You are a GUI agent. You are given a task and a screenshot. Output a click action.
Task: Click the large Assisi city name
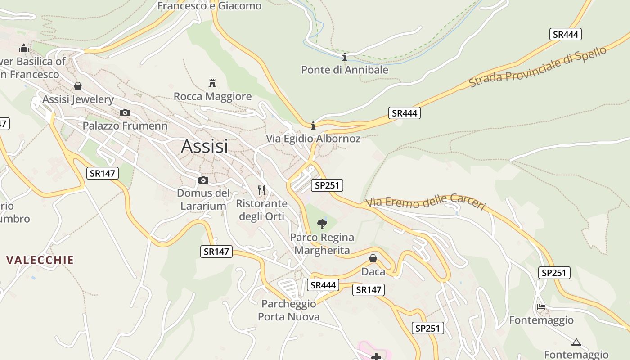click(x=204, y=146)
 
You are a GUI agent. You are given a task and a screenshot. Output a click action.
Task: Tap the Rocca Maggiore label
click(x=212, y=96)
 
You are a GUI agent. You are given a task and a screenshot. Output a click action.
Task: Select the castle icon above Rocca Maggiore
click(x=212, y=83)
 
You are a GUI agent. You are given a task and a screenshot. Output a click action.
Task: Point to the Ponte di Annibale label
click(x=344, y=70)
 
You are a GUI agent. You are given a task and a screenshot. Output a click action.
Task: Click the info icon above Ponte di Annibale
click(x=345, y=57)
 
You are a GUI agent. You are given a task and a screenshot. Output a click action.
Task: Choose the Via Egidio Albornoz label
click(x=313, y=139)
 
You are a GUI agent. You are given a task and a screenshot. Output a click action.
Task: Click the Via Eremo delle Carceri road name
click(x=426, y=202)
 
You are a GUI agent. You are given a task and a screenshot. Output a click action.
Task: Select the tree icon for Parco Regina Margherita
click(x=322, y=224)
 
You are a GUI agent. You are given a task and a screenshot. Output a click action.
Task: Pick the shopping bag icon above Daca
click(x=373, y=258)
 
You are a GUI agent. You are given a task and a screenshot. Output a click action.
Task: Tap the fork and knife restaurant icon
click(x=261, y=190)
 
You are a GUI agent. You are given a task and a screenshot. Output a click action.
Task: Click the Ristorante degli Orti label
click(x=261, y=210)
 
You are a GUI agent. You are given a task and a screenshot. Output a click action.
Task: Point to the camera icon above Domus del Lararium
click(x=203, y=180)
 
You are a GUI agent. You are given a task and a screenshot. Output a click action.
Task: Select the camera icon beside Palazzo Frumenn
click(x=125, y=112)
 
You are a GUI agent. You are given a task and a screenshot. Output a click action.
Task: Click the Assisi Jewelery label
click(x=78, y=99)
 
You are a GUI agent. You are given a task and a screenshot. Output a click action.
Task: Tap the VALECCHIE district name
click(x=40, y=260)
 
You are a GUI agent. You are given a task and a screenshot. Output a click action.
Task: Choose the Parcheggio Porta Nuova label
click(x=289, y=310)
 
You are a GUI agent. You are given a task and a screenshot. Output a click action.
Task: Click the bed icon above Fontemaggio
click(x=541, y=307)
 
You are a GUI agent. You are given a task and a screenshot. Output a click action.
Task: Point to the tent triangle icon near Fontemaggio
click(x=576, y=342)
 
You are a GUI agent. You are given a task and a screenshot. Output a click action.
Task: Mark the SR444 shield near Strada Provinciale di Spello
click(x=566, y=34)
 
